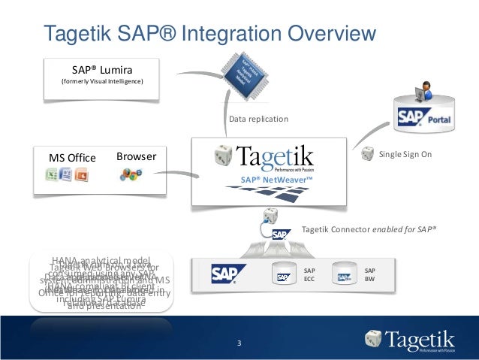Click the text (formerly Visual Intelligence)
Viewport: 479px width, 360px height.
click(101, 80)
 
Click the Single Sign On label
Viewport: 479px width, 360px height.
click(405, 154)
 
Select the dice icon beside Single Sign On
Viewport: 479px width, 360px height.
click(367, 154)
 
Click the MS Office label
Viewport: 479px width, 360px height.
click(72, 157)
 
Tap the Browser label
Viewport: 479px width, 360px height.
click(136, 156)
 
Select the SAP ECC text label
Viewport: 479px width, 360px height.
click(309, 274)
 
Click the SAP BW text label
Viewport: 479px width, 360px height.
click(369, 274)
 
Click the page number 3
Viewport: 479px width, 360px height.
click(239, 344)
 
